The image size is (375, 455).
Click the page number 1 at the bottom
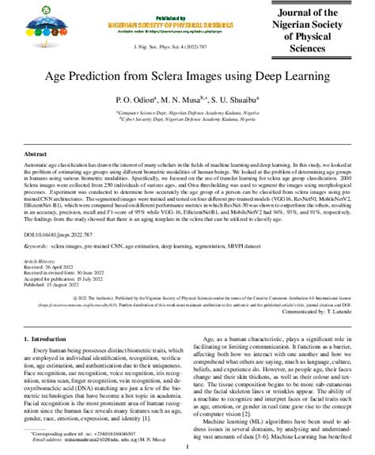[187, 446]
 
